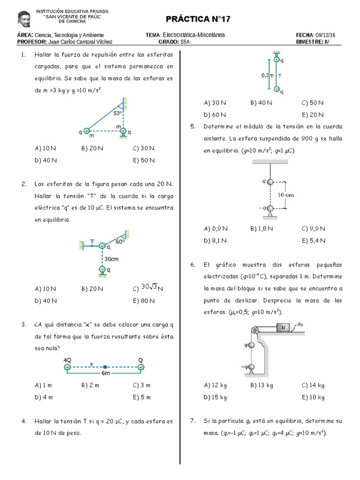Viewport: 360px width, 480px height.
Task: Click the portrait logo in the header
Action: click(25, 18)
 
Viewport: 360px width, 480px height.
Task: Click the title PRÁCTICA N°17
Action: click(198, 19)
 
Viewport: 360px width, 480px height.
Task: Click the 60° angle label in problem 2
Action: click(120, 241)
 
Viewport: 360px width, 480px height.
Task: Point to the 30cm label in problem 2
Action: click(111, 259)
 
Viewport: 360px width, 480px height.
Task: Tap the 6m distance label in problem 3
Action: click(106, 374)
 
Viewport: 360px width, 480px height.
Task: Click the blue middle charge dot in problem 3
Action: click(105, 367)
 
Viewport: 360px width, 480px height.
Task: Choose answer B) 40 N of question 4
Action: click(261, 103)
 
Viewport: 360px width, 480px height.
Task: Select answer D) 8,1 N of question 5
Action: click(216, 240)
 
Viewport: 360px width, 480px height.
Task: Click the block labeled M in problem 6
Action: click(284, 328)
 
